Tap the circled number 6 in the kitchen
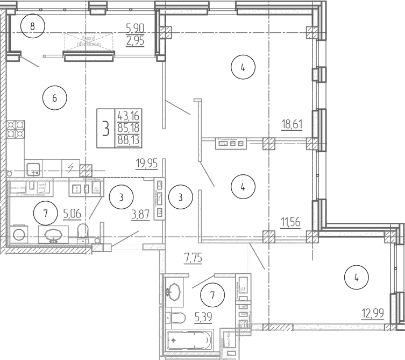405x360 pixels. click(54, 98)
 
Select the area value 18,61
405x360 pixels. click(292, 125)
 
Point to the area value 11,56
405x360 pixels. click(291, 221)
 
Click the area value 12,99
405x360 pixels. click(372, 313)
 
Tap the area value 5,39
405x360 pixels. click(204, 317)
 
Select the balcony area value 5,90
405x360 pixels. click(135, 27)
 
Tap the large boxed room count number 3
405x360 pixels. click(105, 129)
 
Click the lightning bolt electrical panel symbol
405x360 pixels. click(70, 167)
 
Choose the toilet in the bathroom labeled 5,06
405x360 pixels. click(83, 232)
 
